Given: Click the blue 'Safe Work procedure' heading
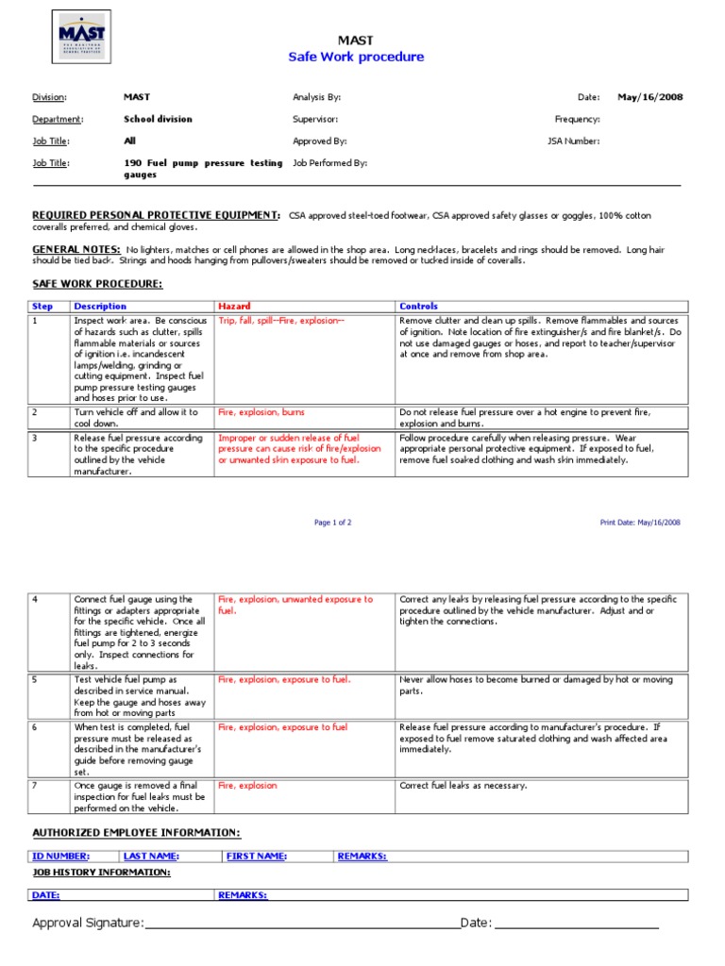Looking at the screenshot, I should tap(356, 57).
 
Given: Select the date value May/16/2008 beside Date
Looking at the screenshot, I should tap(650, 97).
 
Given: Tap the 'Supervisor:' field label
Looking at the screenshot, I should tap(315, 120).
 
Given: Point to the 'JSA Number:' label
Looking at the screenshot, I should tap(574, 142).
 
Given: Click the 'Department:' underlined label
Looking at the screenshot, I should tap(58, 120).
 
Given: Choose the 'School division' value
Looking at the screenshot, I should tap(158, 120).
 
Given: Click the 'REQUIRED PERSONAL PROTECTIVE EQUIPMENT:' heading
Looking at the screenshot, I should tap(156, 216).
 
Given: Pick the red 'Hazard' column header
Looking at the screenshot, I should tap(234, 307).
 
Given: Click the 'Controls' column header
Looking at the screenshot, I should tap(418, 307).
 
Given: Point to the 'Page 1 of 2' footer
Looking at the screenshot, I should tap(332, 522).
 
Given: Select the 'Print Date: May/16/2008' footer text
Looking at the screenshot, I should tap(640, 522).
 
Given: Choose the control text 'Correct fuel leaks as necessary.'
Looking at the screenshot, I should tap(464, 786).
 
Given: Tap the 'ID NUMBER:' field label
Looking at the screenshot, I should tap(60, 856).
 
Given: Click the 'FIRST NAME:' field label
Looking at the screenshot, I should tap(257, 856).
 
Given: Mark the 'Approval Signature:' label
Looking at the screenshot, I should tap(88, 922).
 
